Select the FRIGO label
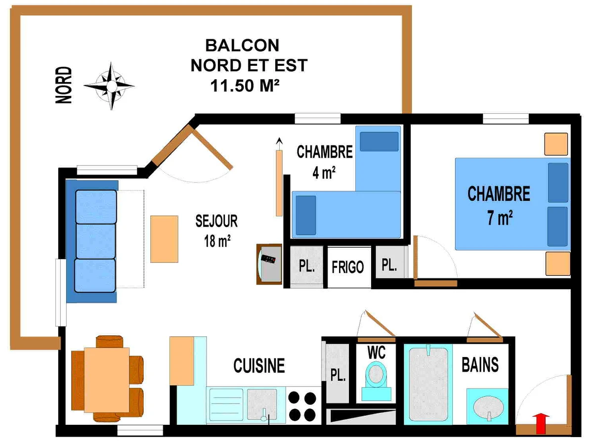point(348,267)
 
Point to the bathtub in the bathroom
point(428,384)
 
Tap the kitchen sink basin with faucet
point(262,404)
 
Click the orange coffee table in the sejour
point(164,239)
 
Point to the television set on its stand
point(269,264)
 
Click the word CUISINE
point(259,365)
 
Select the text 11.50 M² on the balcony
point(245,86)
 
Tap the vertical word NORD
point(64,85)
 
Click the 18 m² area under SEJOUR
point(217,241)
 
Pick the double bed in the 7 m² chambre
point(513,204)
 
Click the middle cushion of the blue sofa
point(96,241)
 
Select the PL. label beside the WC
point(338,375)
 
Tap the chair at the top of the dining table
point(109,342)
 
